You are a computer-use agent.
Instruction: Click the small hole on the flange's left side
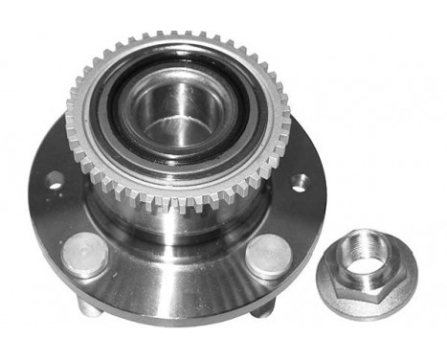tap(55, 179)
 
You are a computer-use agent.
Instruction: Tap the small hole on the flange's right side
tap(298, 179)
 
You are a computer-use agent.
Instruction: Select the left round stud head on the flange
tap(86, 254)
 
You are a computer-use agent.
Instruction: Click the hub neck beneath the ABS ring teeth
tap(177, 225)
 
